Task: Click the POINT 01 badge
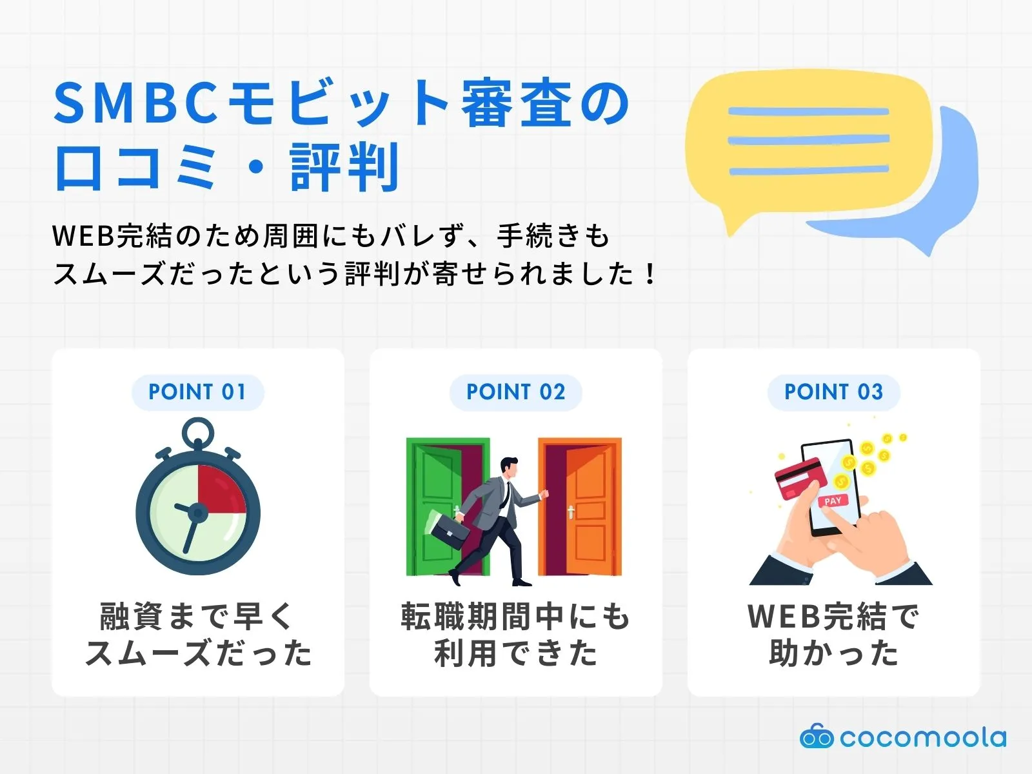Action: click(x=197, y=392)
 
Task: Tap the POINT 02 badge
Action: click(x=516, y=392)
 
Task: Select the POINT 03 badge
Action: click(x=833, y=392)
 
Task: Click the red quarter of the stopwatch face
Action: click(x=220, y=489)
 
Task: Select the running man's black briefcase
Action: click(x=449, y=531)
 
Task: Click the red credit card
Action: click(x=800, y=479)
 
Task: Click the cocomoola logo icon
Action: click(x=817, y=737)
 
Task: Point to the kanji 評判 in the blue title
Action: click(x=344, y=167)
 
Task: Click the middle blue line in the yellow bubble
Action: click(x=809, y=139)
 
